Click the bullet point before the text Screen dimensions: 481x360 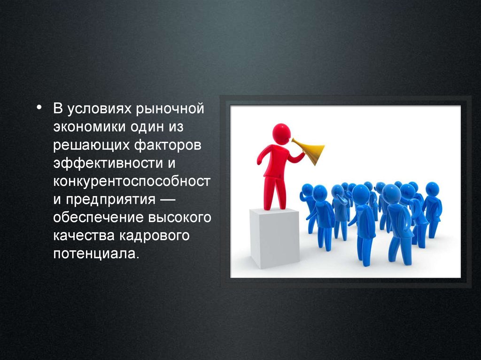click(39, 107)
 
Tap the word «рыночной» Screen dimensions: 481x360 click(170, 109)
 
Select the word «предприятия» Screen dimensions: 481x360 click(111, 200)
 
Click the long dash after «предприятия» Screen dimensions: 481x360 click(168, 199)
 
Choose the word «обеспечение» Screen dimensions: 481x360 click(99, 217)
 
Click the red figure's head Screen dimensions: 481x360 click(281, 133)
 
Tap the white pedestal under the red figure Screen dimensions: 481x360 click(274, 238)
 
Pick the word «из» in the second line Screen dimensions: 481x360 click(176, 127)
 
